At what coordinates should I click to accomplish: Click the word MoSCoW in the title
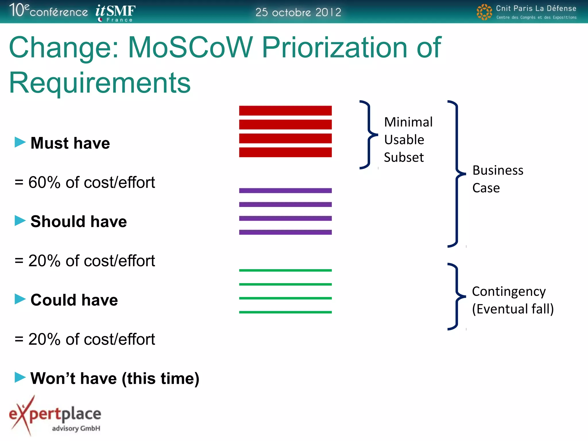(x=190, y=48)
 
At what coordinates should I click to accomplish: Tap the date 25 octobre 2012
(x=298, y=12)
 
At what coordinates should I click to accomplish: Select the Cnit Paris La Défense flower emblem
(x=484, y=12)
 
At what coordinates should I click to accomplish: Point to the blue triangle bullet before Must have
(x=20, y=142)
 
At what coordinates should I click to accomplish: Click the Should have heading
(x=78, y=222)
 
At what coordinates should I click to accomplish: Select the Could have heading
(x=74, y=300)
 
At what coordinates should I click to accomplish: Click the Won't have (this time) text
(x=115, y=378)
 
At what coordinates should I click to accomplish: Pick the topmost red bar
(x=285, y=111)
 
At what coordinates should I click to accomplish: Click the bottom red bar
(x=285, y=152)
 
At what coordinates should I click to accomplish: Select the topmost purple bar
(x=285, y=191)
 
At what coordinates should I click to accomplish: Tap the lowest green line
(x=285, y=312)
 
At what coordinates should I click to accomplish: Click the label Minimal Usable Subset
(x=408, y=140)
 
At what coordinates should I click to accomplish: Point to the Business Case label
(x=497, y=179)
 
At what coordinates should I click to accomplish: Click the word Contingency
(x=508, y=291)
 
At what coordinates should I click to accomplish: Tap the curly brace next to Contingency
(x=457, y=296)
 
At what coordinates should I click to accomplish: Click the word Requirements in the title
(x=100, y=83)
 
